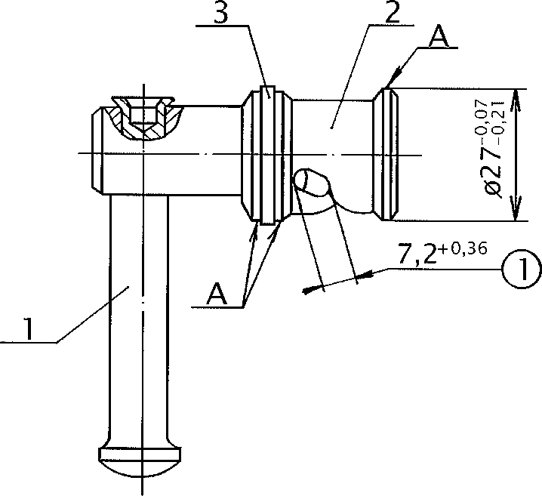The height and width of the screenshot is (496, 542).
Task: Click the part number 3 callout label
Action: pyautogui.click(x=221, y=12)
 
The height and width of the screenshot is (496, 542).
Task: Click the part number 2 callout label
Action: pyautogui.click(x=393, y=12)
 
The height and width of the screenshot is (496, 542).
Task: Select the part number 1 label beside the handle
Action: pyautogui.click(x=29, y=329)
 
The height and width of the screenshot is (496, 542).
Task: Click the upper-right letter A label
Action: pyautogui.click(x=439, y=35)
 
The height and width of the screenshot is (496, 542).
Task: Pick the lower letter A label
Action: pyautogui.click(x=217, y=294)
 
